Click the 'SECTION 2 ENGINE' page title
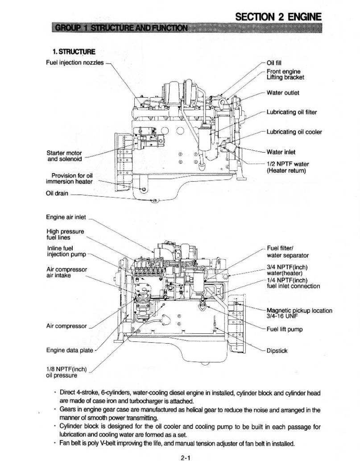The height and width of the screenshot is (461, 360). tap(278, 17)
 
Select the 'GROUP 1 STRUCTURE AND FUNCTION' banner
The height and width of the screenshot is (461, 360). tap(120, 29)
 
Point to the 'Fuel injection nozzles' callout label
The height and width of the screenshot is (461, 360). tap(74, 62)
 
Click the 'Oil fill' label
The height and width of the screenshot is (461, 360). tap(274, 63)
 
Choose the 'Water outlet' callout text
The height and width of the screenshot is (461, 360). tap(283, 93)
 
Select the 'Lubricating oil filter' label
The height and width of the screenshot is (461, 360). tap(292, 112)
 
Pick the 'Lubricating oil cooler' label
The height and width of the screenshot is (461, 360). tap(294, 132)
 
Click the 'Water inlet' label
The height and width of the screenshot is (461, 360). tap(281, 152)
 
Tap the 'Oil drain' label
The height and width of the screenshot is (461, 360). tap(57, 194)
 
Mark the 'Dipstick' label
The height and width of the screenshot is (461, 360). tap(277, 351)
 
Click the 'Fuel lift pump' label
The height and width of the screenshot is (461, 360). tap(284, 329)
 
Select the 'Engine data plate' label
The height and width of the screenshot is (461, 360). tap(70, 350)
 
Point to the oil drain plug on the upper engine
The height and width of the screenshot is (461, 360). tap(154, 201)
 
